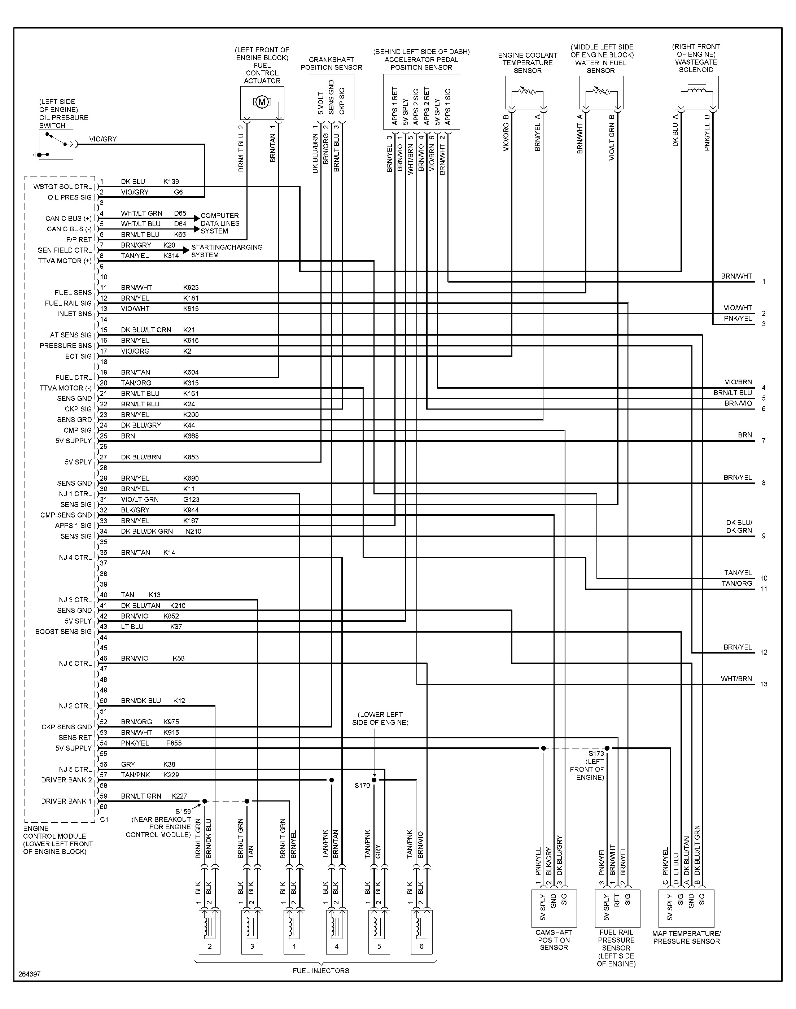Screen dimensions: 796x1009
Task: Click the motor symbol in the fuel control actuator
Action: click(262, 102)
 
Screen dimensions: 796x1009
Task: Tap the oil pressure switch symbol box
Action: click(56, 144)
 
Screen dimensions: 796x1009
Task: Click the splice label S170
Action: click(362, 785)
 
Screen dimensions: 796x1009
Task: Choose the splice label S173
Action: click(596, 753)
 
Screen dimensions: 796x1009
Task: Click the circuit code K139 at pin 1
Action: click(171, 182)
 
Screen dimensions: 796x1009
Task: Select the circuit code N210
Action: click(193, 531)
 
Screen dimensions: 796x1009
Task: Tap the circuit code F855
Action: click(174, 743)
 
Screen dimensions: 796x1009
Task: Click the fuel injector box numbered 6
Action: click(422, 932)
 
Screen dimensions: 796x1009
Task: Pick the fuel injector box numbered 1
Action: click(294, 932)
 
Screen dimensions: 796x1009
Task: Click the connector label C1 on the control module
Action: click(104, 819)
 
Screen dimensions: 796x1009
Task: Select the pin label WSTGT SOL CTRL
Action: click(62, 187)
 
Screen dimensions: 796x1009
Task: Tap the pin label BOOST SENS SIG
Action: click(64, 632)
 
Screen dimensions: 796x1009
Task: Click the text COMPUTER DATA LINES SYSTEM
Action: click(220, 223)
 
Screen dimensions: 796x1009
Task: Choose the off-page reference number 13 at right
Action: click(764, 684)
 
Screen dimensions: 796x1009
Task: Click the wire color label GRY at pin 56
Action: click(128, 764)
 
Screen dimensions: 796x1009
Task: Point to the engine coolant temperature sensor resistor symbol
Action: click(527, 91)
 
